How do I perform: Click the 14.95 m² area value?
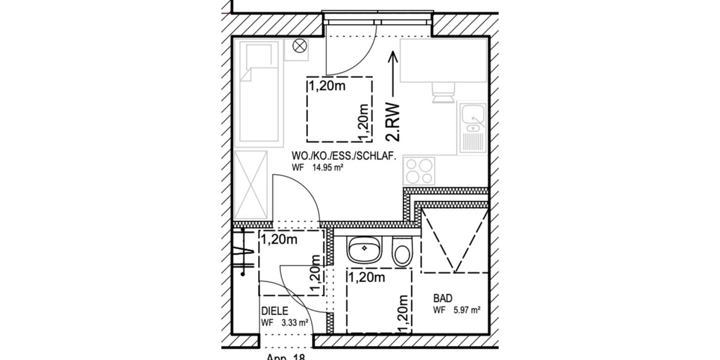326,169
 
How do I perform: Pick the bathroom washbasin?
364,248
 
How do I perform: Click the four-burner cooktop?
418,170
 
